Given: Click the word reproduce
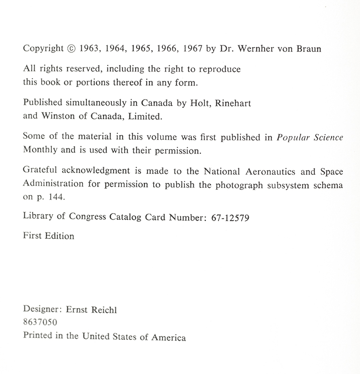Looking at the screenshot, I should click(x=220, y=70).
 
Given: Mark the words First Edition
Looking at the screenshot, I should click(x=49, y=236).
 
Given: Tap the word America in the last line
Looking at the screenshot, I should click(x=168, y=337).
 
